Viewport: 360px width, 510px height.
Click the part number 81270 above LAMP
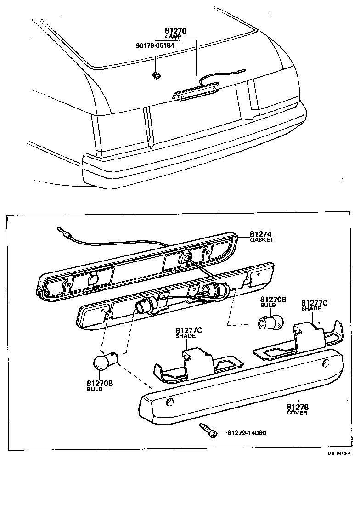click(175, 31)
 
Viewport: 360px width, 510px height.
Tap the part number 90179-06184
click(155, 45)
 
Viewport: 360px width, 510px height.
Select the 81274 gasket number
click(261, 234)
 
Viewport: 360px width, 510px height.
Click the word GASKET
click(262, 240)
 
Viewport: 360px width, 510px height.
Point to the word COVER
click(297, 413)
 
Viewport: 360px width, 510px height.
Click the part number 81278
click(298, 407)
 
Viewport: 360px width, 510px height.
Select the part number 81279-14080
click(247, 433)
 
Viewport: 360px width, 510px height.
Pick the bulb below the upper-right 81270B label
click(270, 322)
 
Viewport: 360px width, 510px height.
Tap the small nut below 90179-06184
click(157, 75)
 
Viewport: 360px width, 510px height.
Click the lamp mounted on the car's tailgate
click(196, 92)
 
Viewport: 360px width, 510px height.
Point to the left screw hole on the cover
click(170, 402)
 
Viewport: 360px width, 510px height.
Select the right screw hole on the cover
click(326, 364)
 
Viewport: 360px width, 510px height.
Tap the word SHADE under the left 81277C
click(186, 336)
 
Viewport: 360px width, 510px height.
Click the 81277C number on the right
click(314, 303)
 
